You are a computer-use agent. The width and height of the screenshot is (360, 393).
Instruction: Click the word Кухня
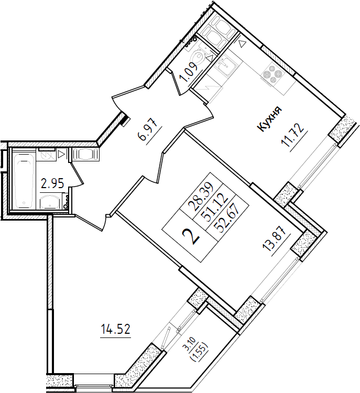pyautogui.click(x=270, y=119)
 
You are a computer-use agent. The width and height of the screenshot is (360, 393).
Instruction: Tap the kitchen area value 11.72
pyautogui.click(x=293, y=137)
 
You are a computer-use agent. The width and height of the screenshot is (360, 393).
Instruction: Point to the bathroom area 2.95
pyautogui.click(x=52, y=184)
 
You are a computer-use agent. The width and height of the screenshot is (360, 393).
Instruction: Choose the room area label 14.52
pyautogui.click(x=115, y=329)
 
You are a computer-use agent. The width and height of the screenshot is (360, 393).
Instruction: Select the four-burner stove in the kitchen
pyautogui.click(x=272, y=74)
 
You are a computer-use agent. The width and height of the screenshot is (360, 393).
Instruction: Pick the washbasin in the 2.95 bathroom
pyautogui.click(x=50, y=201)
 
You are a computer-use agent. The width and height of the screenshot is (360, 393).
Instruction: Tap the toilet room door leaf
pyautogui.click(x=177, y=82)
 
